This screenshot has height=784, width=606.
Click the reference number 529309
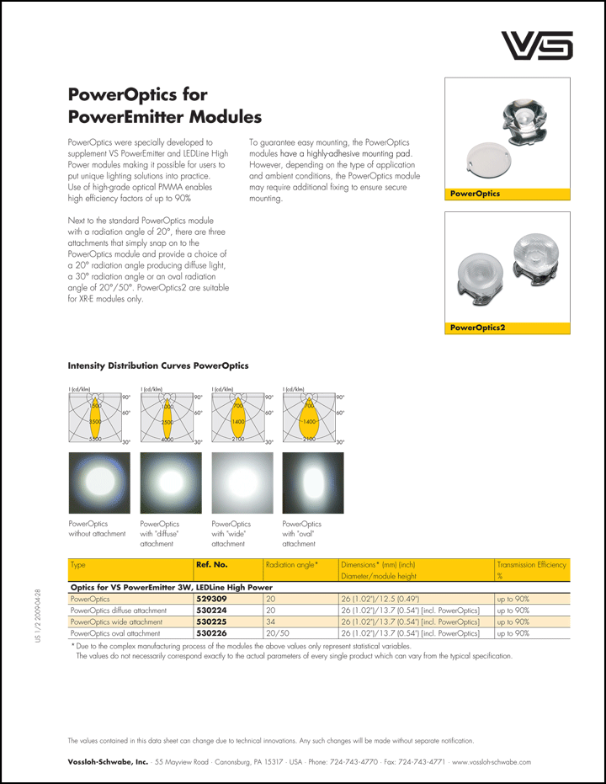coord(211,598)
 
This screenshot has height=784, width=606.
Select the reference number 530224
coord(211,610)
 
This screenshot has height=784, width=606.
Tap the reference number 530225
coord(211,621)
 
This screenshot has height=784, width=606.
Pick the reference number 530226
coord(211,632)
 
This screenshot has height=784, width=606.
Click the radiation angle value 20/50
coord(277,632)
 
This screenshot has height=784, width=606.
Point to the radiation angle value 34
coord(270,621)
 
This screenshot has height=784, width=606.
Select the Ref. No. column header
coord(211,564)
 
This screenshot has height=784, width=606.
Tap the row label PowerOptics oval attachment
coord(115,632)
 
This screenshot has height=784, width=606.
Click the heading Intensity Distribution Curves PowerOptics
coord(157,365)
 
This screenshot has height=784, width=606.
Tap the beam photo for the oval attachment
coord(313,483)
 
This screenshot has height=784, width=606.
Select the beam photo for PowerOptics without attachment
coord(98,483)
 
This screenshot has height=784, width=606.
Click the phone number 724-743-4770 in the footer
coord(353,761)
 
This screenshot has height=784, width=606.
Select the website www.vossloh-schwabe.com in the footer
coord(492,761)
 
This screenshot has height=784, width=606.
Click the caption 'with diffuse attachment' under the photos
coord(159,534)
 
